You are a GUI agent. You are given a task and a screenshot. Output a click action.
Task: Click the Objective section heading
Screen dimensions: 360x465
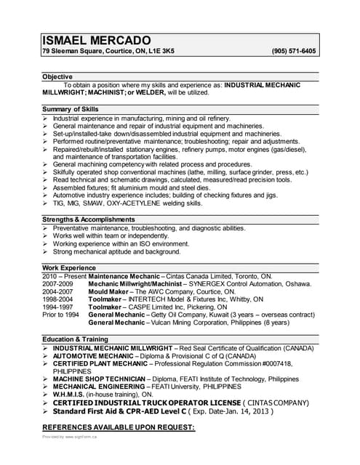(57, 76)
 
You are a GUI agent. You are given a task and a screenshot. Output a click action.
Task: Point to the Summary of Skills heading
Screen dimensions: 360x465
(71, 109)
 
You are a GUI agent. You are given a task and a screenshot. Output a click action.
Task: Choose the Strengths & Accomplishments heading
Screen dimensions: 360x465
(89, 219)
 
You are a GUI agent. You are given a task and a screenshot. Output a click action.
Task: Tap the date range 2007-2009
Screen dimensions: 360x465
(58, 284)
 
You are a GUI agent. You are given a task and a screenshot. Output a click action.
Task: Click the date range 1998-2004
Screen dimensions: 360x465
(58, 299)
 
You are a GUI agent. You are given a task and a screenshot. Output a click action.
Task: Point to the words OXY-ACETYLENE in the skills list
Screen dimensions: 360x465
(137, 203)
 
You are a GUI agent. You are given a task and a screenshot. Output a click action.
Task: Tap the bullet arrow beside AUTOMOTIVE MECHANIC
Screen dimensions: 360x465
(45, 356)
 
